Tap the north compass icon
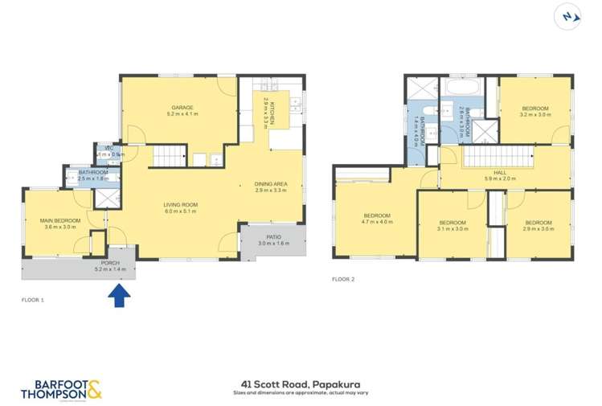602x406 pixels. pyautogui.click(x=568, y=16)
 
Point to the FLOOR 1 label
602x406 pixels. pyautogui.click(x=32, y=298)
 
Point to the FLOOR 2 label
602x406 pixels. pyautogui.click(x=343, y=279)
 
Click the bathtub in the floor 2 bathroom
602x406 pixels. pyautogui.click(x=461, y=85)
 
